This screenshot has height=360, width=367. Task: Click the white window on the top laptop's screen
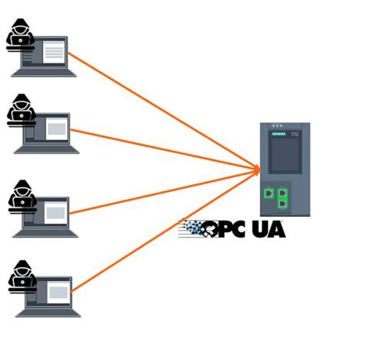tap(53, 52)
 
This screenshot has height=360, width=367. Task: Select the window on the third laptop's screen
tap(56, 211)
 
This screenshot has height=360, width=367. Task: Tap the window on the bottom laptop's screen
tap(57, 292)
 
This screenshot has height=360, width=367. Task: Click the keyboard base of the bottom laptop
tap(46, 313)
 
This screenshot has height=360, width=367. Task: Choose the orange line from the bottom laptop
tap(155, 232)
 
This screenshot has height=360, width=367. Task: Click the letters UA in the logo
tap(266, 230)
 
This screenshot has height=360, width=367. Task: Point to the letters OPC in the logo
tap(225, 230)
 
